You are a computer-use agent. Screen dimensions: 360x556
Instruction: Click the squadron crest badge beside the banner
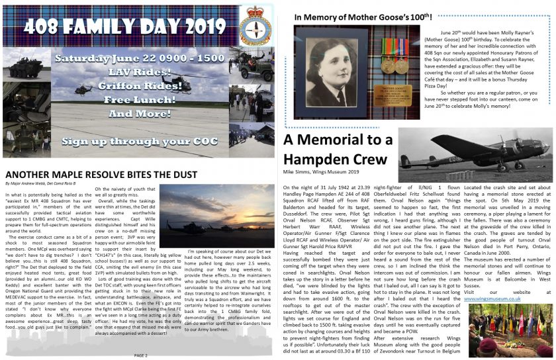255,28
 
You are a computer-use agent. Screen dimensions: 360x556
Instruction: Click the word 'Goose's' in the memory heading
378,17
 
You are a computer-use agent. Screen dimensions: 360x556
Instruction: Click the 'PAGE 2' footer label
141,355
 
